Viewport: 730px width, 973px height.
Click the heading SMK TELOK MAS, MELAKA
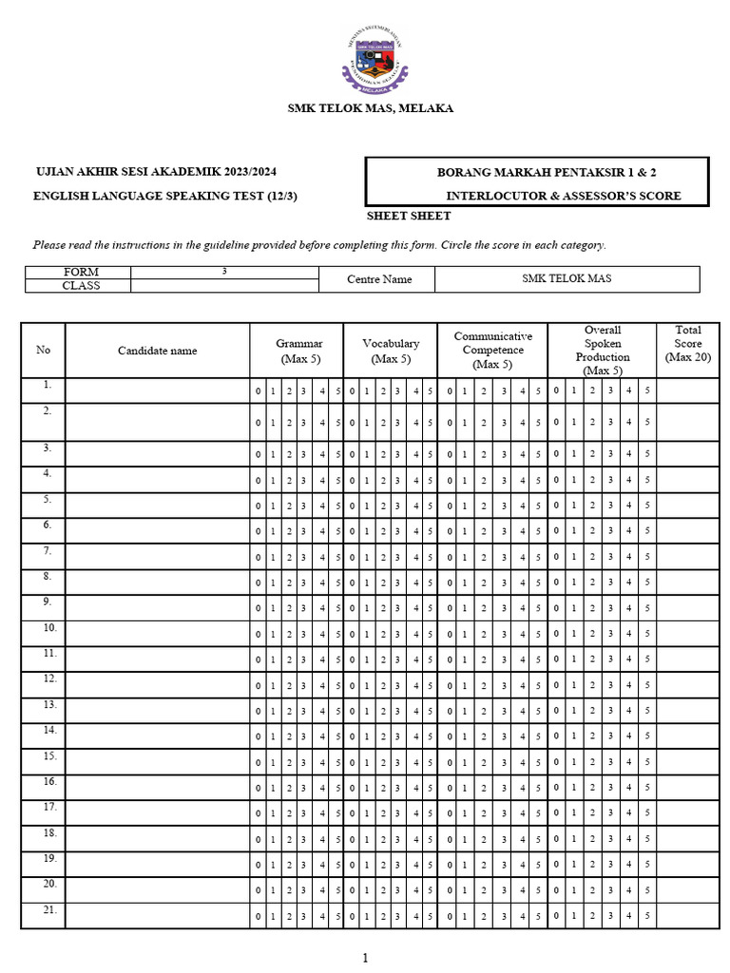tap(371, 108)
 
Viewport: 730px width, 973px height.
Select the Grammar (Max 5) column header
tap(299, 351)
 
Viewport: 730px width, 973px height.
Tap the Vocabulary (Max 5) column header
tap(391, 351)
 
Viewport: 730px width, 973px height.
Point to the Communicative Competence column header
tap(492, 351)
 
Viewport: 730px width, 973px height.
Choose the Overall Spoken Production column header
tap(603, 351)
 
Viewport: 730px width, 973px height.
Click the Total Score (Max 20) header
tap(687, 344)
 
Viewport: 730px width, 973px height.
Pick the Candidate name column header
tap(157, 351)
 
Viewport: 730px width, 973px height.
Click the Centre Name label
tap(377, 279)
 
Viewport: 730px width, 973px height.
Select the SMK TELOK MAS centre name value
tap(567, 278)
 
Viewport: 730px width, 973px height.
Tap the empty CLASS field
tap(224, 286)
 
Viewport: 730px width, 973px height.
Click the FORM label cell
tap(81, 272)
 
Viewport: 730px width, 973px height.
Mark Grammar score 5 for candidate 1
tap(338, 391)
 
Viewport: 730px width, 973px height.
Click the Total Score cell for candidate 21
tap(687, 916)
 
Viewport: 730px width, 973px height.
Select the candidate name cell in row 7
tap(157, 557)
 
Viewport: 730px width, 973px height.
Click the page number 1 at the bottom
tap(365, 958)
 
